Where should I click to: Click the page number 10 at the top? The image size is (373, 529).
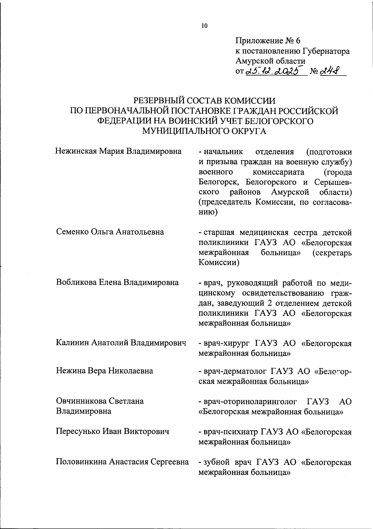pyautogui.click(x=204, y=26)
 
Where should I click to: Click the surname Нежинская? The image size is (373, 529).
pyautogui.click(x=76, y=152)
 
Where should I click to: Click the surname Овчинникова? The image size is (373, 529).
pyautogui.click(x=81, y=401)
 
